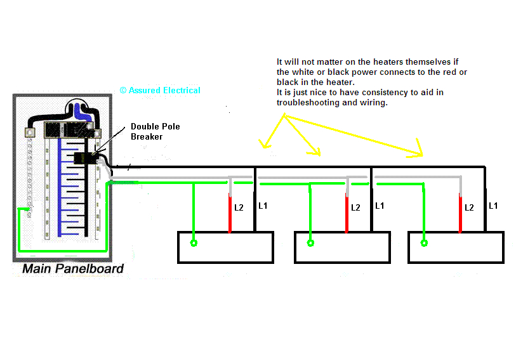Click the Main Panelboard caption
tap(72, 269)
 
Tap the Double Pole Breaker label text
tap(155, 131)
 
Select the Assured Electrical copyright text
tap(160, 91)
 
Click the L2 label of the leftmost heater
tap(239, 207)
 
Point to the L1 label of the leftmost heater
tap(264, 206)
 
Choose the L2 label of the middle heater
tap(355, 207)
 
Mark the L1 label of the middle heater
tap(380, 206)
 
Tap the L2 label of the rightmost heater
tap(469, 207)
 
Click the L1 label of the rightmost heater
tap(493, 206)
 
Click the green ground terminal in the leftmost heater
tap(194, 243)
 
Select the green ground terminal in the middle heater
tap(310, 243)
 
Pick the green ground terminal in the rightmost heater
tap(424, 243)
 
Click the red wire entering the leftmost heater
tap(230, 216)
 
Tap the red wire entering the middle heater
tap(347, 216)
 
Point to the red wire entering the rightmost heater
tap(460, 216)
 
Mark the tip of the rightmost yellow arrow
tap(422, 154)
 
